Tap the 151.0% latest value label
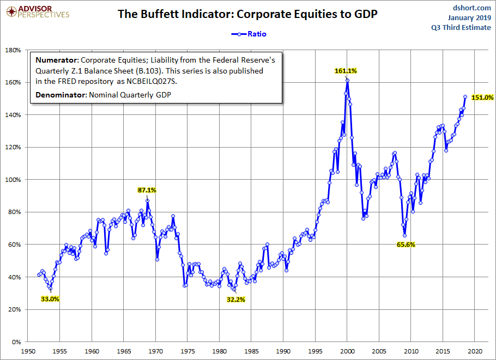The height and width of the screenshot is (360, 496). click(482, 97)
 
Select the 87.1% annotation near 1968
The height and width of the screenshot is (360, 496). click(147, 190)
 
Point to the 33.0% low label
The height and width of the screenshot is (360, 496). click(50, 298)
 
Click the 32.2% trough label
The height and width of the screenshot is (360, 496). click(236, 299)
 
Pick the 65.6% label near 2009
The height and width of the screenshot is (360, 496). click(406, 245)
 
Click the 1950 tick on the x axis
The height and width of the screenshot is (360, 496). click(28, 351)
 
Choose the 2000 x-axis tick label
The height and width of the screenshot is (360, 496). click(347, 351)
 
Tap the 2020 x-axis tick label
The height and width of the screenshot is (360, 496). click(475, 351)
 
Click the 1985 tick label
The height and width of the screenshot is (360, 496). click(252, 351)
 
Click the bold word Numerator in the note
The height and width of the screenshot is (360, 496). click(56, 60)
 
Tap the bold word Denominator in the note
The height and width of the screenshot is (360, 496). click(59, 96)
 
